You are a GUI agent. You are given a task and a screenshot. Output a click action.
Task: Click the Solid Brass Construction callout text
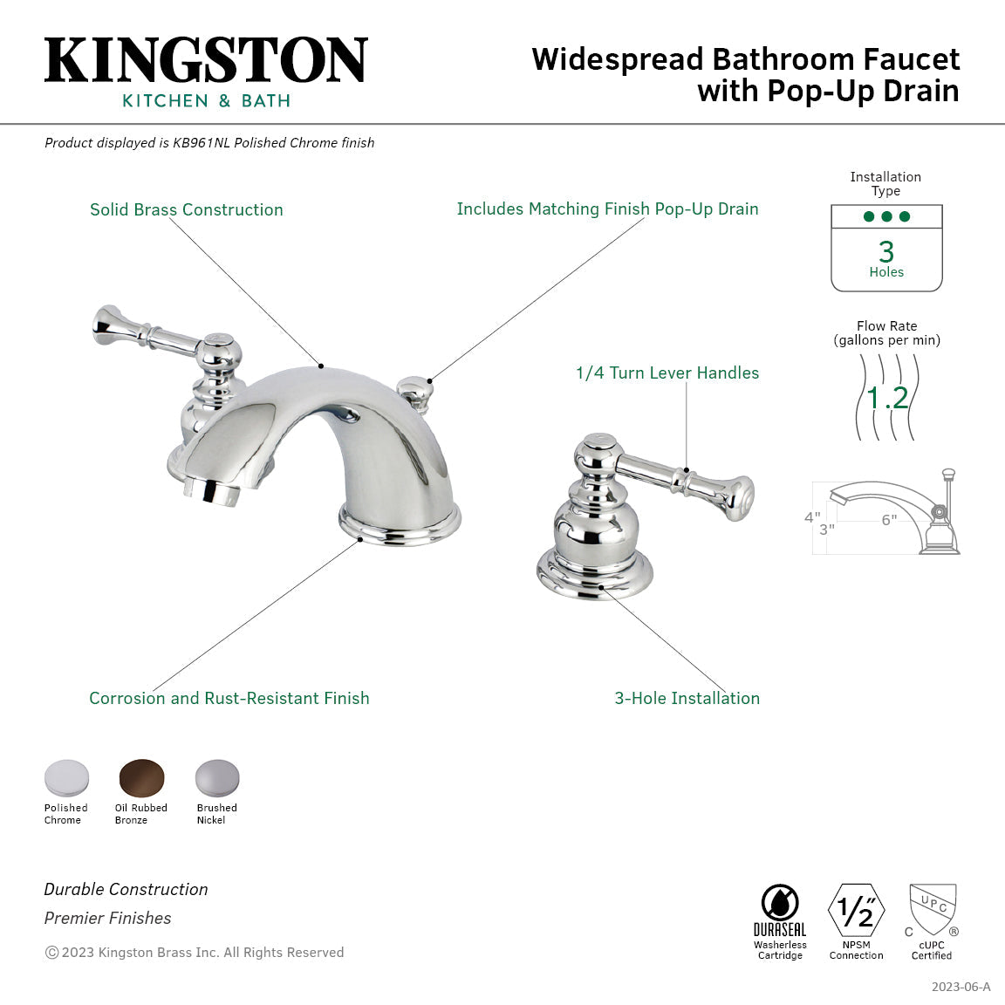point(186,209)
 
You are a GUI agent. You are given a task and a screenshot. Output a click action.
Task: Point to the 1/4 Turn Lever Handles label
point(667,373)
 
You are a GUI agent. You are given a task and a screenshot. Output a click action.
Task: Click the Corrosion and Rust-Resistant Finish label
point(229,698)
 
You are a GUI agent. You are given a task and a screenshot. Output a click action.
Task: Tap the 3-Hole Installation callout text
point(687,698)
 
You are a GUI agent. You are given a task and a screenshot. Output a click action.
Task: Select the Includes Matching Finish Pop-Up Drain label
point(607,209)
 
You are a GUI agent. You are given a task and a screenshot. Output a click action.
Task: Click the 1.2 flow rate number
point(887,398)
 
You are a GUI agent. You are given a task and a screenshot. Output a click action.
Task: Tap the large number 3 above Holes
point(886,252)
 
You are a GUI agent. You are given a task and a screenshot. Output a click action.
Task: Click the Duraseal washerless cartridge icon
point(779,903)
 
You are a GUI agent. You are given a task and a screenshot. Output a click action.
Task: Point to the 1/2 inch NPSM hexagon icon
point(856,911)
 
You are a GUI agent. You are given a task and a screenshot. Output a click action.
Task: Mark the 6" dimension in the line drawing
point(888,520)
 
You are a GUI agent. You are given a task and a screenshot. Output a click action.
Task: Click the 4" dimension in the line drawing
point(811,517)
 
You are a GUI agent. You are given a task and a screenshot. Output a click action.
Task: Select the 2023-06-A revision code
point(961,987)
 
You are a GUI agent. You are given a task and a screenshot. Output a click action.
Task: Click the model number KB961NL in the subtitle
point(202,143)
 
